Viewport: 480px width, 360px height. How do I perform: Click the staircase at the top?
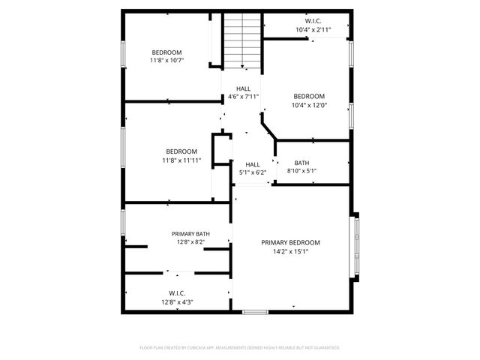pyautogui.click(x=241, y=42)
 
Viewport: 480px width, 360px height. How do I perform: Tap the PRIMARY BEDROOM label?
pyautogui.click(x=290, y=242)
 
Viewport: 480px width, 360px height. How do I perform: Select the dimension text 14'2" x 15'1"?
pyautogui.click(x=290, y=251)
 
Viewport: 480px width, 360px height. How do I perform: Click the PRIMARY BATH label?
pyautogui.click(x=190, y=234)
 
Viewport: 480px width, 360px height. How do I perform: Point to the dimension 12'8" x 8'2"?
pyautogui.click(x=190, y=242)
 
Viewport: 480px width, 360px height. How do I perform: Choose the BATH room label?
pyautogui.click(x=301, y=163)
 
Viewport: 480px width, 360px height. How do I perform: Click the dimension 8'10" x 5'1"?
pyautogui.click(x=301, y=171)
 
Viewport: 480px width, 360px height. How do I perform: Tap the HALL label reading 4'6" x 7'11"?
pyautogui.click(x=244, y=88)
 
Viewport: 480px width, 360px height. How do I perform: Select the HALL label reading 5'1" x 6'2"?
pyautogui.click(x=253, y=164)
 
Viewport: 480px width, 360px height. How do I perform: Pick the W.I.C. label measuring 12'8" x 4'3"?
pyautogui.click(x=177, y=293)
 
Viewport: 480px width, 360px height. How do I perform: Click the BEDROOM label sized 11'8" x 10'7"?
pyautogui.click(x=166, y=52)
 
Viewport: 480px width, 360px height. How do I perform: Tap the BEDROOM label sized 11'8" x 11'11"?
pyautogui.click(x=181, y=151)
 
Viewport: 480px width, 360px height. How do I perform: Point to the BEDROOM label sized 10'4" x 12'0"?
pyautogui.click(x=308, y=96)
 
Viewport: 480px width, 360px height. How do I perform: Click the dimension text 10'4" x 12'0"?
pyautogui.click(x=308, y=105)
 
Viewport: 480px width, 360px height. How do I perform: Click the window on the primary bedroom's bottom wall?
pyautogui.click(x=255, y=311)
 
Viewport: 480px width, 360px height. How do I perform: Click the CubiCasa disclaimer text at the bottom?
pyautogui.click(x=240, y=347)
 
